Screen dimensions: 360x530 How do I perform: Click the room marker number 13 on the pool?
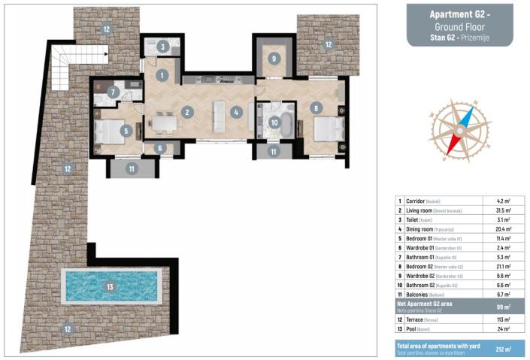click(x=111, y=286)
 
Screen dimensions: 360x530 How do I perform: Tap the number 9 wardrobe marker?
click(x=274, y=58)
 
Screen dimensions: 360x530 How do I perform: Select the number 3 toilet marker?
click(x=163, y=47)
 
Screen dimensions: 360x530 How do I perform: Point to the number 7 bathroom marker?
click(x=112, y=92)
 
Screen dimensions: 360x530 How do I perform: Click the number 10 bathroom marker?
click(x=274, y=122)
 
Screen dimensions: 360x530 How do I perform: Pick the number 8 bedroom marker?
click(x=317, y=108)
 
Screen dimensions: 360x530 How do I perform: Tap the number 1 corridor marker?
click(x=162, y=75)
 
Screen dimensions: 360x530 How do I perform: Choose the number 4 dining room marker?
click(x=236, y=113)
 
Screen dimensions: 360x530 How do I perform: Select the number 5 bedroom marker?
click(x=126, y=131)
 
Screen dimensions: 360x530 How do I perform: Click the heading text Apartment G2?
click(x=460, y=14)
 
